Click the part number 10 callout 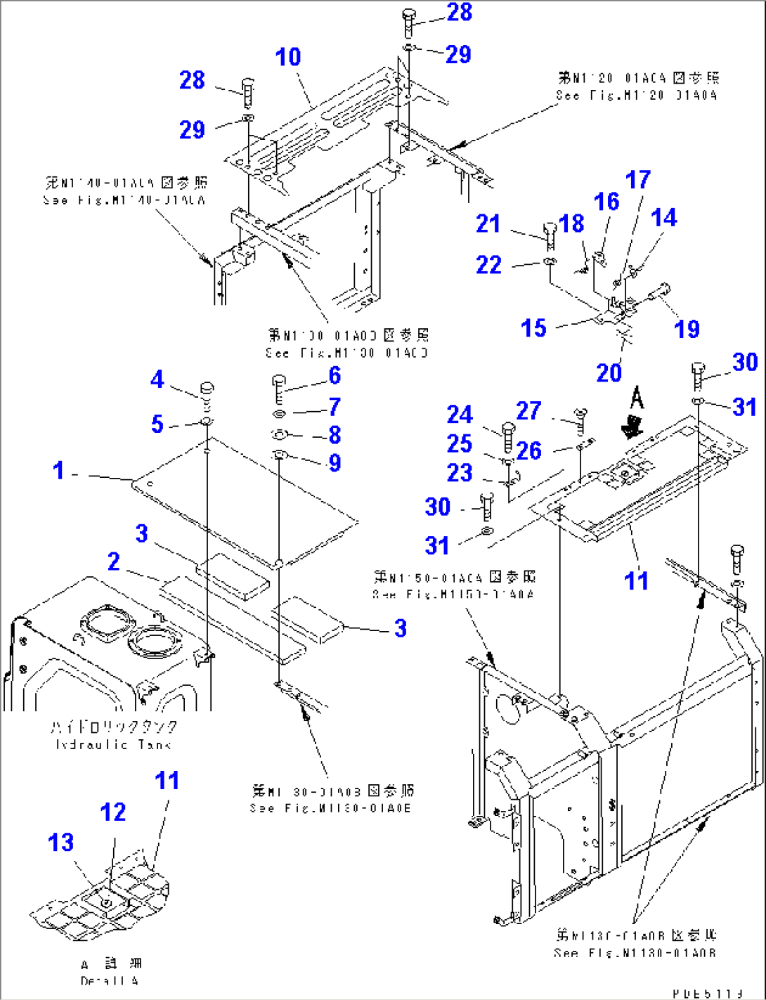pyautogui.click(x=288, y=57)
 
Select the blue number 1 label pyautogui.click(x=59, y=470)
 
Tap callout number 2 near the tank pyautogui.click(x=113, y=561)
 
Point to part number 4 pyautogui.click(x=157, y=379)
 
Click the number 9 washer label pyautogui.click(x=335, y=462)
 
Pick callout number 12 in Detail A pyautogui.click(x=112, y=812)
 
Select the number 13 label pyautogui.click(x=61, y=842)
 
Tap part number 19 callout pyautogui.click(x=687, y=328)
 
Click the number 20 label pyautogui.click(x=609, y=372)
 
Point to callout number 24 pyautogui.click(x=460, y=414)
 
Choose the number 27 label pyautogui.click(x=528, y=410)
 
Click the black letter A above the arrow pyautogui.click(x=637, y=398)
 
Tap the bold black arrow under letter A pyautogui.click(x=635, y=426)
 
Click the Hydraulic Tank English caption pyautogui.click(x=112, y=744)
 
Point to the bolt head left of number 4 pyautogui.click(x=207, y=389)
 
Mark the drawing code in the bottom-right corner pyautogui.click(x=707, y=993)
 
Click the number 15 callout pyautogui.click(x=533, y=327)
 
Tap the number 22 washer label pyautogui.click(x=488, y=265)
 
